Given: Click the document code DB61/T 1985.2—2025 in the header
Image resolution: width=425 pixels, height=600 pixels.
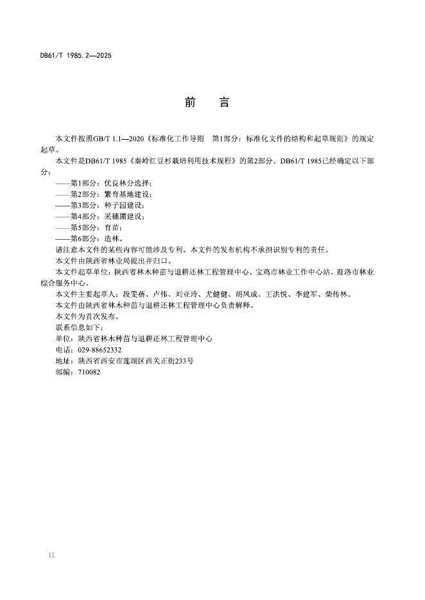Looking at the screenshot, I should pos(76,56).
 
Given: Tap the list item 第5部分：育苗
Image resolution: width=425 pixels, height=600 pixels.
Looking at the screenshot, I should pos(96,227).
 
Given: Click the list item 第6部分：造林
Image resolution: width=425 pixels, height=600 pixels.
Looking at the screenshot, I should pos(96,238).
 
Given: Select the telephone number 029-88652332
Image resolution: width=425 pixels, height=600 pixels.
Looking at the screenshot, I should pos(100,349).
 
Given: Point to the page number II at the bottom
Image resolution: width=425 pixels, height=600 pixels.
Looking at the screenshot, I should pos(52,555).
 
